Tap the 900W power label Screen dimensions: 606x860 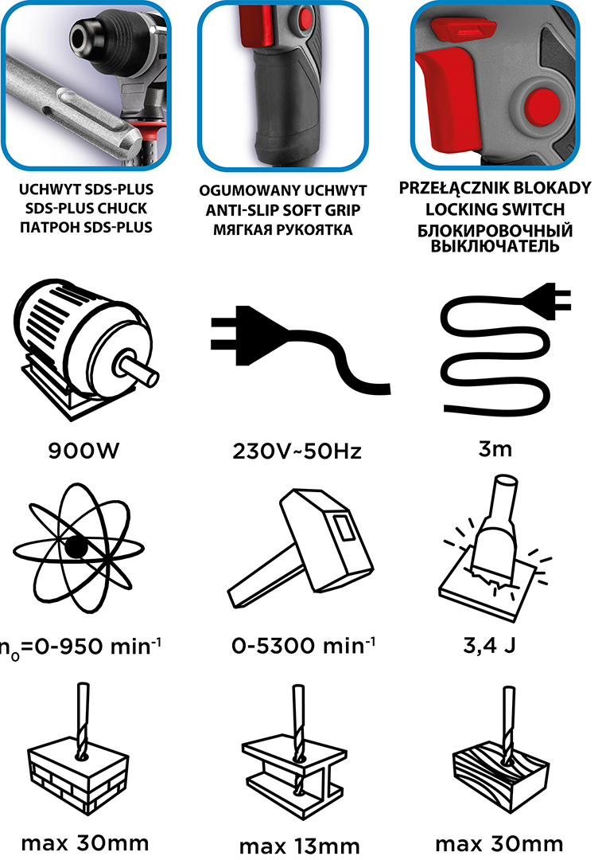[84, 451]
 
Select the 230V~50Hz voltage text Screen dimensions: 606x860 [297, 451]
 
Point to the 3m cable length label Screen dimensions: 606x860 [495, 449]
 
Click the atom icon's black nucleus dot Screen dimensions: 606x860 [76, 547]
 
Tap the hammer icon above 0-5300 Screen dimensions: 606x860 [301, 549]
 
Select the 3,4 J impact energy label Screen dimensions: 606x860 [489, 645]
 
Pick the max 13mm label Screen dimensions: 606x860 [299, 846]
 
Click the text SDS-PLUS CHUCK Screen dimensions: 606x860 [86, 209]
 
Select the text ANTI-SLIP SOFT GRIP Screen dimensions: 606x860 [283, 210]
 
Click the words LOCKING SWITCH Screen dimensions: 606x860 [495, 209]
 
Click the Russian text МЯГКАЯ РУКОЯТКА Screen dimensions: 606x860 [283, 230]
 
